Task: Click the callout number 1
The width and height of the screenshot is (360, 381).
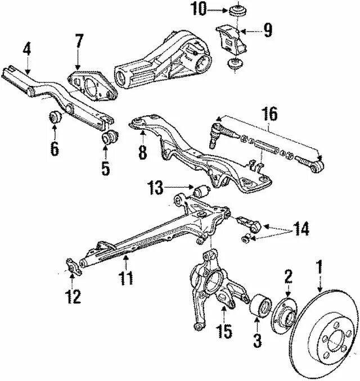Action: pos(320,267)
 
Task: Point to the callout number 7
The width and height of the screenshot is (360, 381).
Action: pos(79,41)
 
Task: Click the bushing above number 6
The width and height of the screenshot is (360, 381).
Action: pos(55,119)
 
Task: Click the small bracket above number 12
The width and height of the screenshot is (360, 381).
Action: pos(73,265)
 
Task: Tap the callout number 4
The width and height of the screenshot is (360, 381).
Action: pos(26,49)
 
